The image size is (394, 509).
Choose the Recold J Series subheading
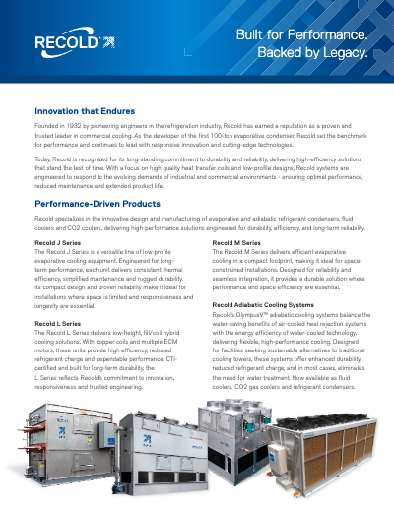click(x=58, y=241)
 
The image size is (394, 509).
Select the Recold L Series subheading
click(x=58, y=322)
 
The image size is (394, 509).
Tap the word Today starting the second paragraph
click(x=44, y=158)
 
